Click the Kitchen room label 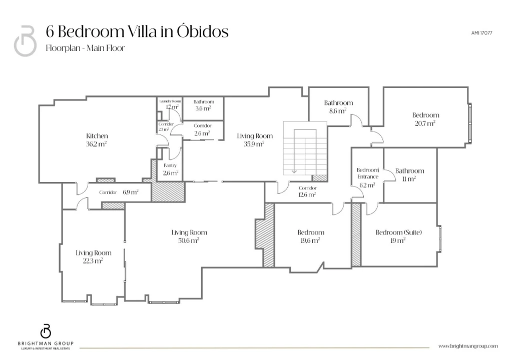coord(97,136)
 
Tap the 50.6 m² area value coord(189,241)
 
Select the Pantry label coord(170,165)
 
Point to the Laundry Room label coord(170,101)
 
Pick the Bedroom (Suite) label coord(399,232)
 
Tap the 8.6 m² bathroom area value coord(338,111)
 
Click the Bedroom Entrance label coord(368,173)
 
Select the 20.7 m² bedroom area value coord(425,123)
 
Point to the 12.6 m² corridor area coord(307,194)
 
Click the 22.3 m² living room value coord(93,261)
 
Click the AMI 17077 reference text coord(481,33)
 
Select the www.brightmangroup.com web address coord(468,346)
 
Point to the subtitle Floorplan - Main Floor coord(86,48)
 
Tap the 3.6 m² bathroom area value coord(203,108)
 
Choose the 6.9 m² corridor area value coord(131,192)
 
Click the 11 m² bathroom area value coord(409,179)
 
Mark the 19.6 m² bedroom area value coord(310,241)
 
